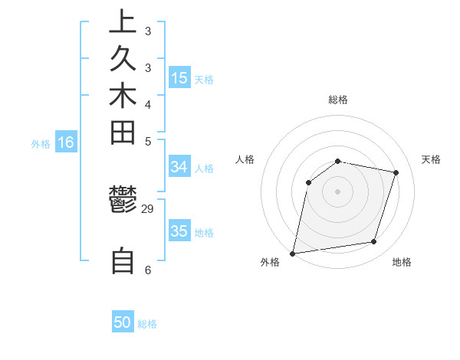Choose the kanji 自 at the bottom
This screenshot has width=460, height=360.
123,260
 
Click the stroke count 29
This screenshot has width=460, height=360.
148,209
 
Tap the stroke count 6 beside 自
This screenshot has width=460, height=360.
148,270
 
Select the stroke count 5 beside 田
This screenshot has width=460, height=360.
148,141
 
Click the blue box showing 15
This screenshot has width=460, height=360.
179,78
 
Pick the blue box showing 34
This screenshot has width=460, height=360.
179,167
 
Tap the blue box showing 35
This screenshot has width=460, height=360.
179,231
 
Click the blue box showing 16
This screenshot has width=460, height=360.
66,142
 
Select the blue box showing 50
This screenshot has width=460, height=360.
123,322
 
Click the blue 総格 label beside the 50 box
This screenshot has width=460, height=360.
147,324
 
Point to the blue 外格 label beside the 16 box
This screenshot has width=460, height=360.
41,143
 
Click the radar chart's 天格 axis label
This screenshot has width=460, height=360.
431,159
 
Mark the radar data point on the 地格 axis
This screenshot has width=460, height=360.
374,242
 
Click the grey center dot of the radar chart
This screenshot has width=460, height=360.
337,191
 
